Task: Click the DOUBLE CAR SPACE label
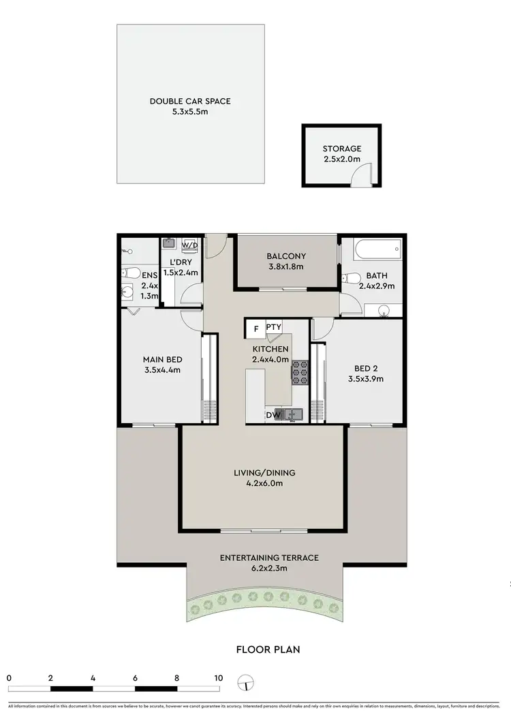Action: (x=190, y=102)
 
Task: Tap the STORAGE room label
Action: (x=341, y=149)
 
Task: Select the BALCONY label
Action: (x=286, y=257)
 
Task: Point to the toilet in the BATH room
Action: (x=350, y=277)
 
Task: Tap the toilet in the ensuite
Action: (x=128, y=275)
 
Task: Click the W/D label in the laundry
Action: (x=189, y=245)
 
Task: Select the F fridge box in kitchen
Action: (x=255, y=328)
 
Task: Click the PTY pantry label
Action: (x=274, y=328)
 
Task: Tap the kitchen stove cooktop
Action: (x=300, y=372)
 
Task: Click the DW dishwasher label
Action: (x=274, y=414)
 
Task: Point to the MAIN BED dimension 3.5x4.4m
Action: (x=162, y=370)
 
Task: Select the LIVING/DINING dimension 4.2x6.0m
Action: (x=262, y=483)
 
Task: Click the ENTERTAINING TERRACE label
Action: (x=269, y=557)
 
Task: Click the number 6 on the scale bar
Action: (x=135, y=678)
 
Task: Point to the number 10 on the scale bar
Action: (x=218, y=678)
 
